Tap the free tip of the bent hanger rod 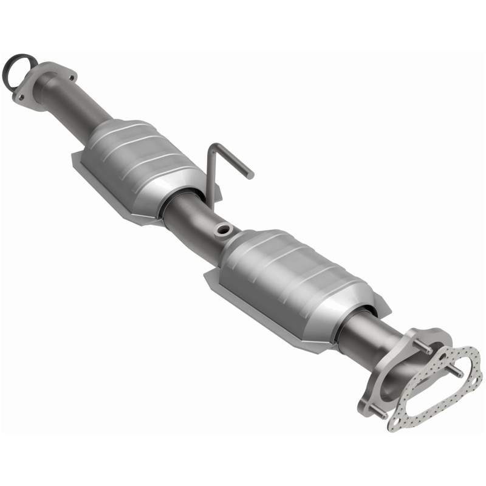250,175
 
